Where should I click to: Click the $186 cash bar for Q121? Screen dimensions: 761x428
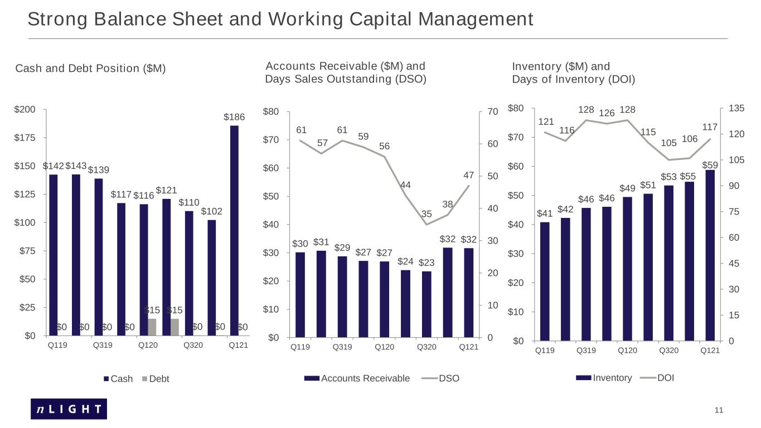coord(234,231)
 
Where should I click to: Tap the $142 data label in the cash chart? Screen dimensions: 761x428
coord(54,166)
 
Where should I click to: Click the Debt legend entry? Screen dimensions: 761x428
coord(156,379)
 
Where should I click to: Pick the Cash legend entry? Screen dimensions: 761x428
coord(118,379)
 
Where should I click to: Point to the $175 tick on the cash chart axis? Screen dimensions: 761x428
coord(25,138)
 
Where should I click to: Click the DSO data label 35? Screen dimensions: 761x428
coord(426,214)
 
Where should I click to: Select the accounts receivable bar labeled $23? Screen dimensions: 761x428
coord(426,304)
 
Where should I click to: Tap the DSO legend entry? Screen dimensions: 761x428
coord(440,378)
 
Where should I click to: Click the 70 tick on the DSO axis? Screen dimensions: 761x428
coord(493,112)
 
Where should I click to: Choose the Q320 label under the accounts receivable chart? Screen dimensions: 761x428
coord(426,347)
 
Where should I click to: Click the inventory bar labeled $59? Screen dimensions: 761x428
coord(710,255)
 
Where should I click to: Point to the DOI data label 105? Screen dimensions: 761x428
coord(668,143)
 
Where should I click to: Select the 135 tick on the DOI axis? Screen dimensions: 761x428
coord(736,108)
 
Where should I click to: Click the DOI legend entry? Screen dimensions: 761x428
coord(657,378)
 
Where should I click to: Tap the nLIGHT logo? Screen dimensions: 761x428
coord(69,409)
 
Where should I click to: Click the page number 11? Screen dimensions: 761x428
coord(719,410)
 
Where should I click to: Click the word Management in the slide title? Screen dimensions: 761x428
coord(476,19)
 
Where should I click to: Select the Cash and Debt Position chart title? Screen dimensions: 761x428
coord(90,69)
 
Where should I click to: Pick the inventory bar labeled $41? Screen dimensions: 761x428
coord(545,281)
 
